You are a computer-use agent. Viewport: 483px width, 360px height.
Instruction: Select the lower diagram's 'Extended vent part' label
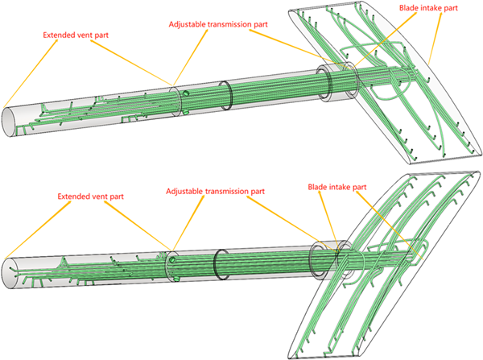91,196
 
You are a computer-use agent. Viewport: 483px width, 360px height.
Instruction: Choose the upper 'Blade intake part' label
429,9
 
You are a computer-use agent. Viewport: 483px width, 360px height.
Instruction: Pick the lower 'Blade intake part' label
337,187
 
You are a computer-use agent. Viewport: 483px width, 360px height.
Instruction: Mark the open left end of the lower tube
10,271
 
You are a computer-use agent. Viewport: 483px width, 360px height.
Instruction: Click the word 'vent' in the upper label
90,35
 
